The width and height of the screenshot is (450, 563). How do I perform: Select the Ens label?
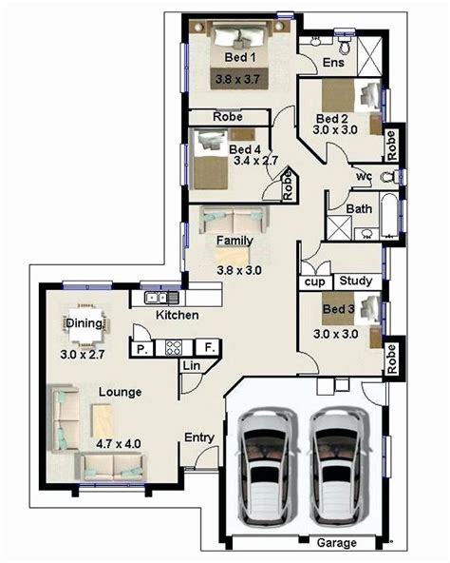pos(333,63)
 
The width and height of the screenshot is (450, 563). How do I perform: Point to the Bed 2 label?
pos(333,118)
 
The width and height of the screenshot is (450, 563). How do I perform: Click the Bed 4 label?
pos(245,149)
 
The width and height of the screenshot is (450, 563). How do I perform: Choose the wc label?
pos(364,176)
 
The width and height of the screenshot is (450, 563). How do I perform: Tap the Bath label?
pos(359,208)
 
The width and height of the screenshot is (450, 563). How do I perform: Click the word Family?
pos(234,240)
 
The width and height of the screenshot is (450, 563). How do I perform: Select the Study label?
pos(355,281)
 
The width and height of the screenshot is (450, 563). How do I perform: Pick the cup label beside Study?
pos(312,282)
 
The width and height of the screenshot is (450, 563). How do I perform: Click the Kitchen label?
pos(177,315)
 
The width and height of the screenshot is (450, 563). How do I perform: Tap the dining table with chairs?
pos(84,325)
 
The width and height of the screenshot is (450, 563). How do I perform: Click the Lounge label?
pos(119,392)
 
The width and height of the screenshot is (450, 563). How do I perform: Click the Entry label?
pos(198,437)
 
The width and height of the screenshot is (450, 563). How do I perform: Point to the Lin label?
pos(191,366)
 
